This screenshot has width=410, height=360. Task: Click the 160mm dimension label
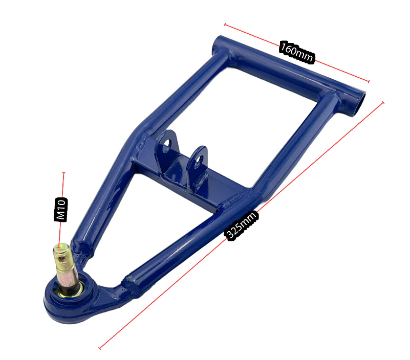(x=297, y=52)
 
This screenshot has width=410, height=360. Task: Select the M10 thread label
(x=61, y=210)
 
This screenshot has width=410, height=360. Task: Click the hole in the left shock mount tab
(x=166, y=146)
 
